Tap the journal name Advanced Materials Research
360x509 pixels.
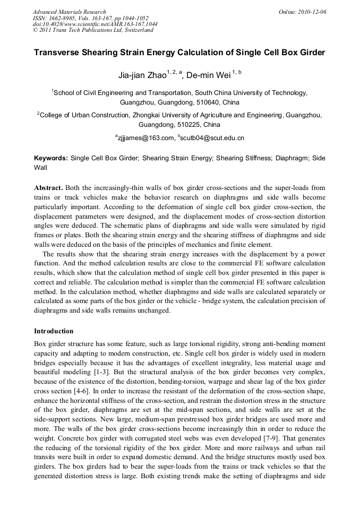pos(69,12)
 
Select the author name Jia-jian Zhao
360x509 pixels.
pos(142,75)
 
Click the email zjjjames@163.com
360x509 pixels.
pos(146,138)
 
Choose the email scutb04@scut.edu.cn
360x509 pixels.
pos(213,138)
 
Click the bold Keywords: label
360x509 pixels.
pos(51,158)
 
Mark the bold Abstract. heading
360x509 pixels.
pos(49,188)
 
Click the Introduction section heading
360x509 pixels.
pos(54,331)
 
